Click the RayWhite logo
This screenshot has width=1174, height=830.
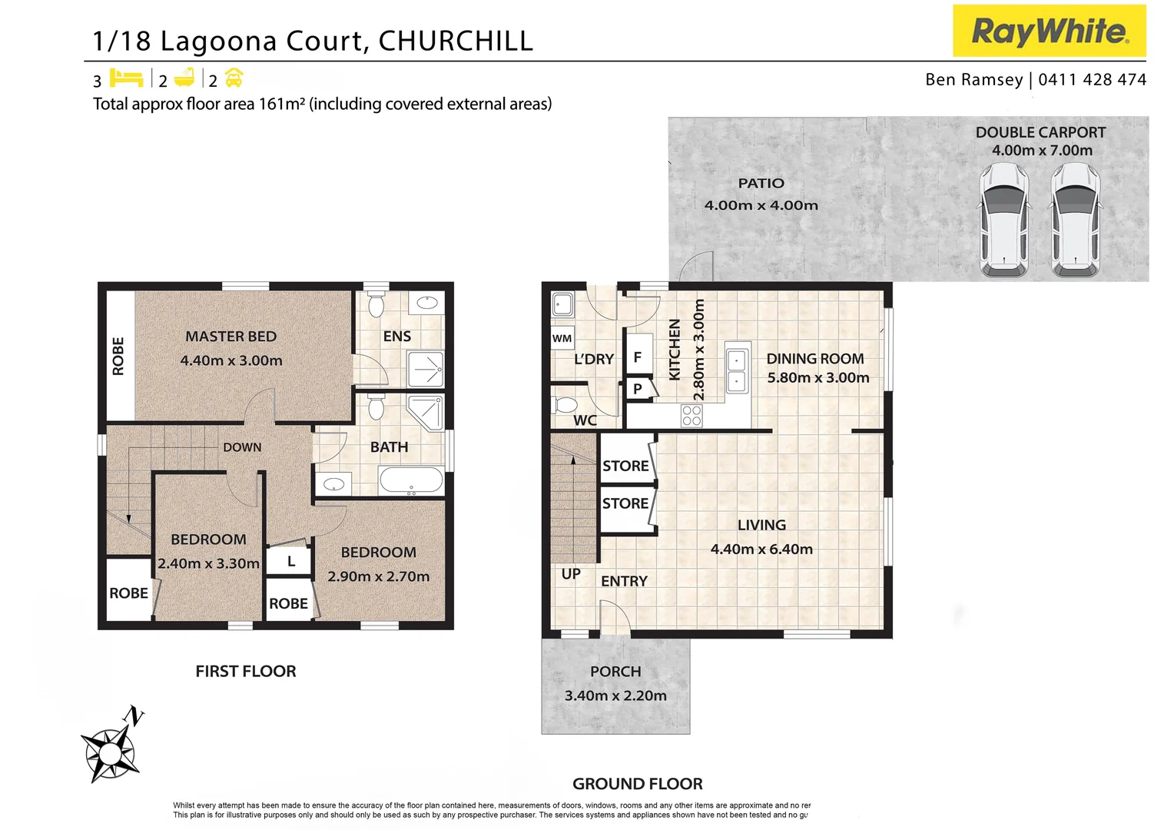click(x=1049, y=31)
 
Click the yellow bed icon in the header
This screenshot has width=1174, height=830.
click(x=126, y=78)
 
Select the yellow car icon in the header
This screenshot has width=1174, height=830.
click(x=234, y=78)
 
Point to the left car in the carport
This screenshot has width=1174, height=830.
click(x=1003, y=221)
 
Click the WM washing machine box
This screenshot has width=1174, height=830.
click(x=562, y=338)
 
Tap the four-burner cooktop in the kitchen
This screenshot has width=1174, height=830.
click(x=691, y=416)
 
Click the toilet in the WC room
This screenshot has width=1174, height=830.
click(x=566, y=405)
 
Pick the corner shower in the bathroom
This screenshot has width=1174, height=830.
click(x=425, y=413)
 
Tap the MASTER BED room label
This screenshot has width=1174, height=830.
click(x=230, y=337)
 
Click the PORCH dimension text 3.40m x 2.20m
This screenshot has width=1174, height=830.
click(x=615, y=696)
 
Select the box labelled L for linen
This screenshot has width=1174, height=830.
click(x=290, y=562)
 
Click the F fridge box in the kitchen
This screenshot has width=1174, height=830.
click(x=637, y=357)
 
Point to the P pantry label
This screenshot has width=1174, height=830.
click(x=637, y=389)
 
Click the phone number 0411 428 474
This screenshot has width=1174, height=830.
click(x=1092, y=80)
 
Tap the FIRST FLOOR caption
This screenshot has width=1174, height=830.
click(x=245, y=671)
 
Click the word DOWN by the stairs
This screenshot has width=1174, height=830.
click(x=242, y=447)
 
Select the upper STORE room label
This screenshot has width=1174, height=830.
click(x=625, y=466)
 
